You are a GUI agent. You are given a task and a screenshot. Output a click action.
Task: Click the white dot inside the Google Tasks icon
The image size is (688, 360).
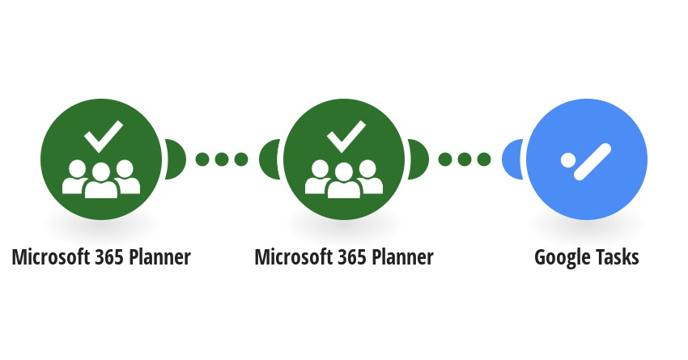567,159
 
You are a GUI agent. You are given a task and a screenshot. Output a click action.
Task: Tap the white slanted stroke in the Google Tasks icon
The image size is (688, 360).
592,162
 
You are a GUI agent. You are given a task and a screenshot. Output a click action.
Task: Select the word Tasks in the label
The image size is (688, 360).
618,257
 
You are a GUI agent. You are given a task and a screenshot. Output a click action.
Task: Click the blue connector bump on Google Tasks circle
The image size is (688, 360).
512,159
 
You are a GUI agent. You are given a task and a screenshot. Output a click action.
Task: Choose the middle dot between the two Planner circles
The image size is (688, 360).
222,159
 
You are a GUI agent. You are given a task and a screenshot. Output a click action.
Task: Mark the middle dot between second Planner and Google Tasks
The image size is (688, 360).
465,159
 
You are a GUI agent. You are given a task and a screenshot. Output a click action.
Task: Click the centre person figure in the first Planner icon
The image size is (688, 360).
101,180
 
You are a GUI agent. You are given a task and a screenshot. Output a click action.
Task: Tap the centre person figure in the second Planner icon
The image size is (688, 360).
344,180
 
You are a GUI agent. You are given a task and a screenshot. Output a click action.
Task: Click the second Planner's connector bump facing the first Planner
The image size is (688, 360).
270,159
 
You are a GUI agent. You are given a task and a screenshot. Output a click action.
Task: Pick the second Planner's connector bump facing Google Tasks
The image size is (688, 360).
418,159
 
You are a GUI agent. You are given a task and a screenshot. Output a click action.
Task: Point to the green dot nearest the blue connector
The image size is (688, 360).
484,159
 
